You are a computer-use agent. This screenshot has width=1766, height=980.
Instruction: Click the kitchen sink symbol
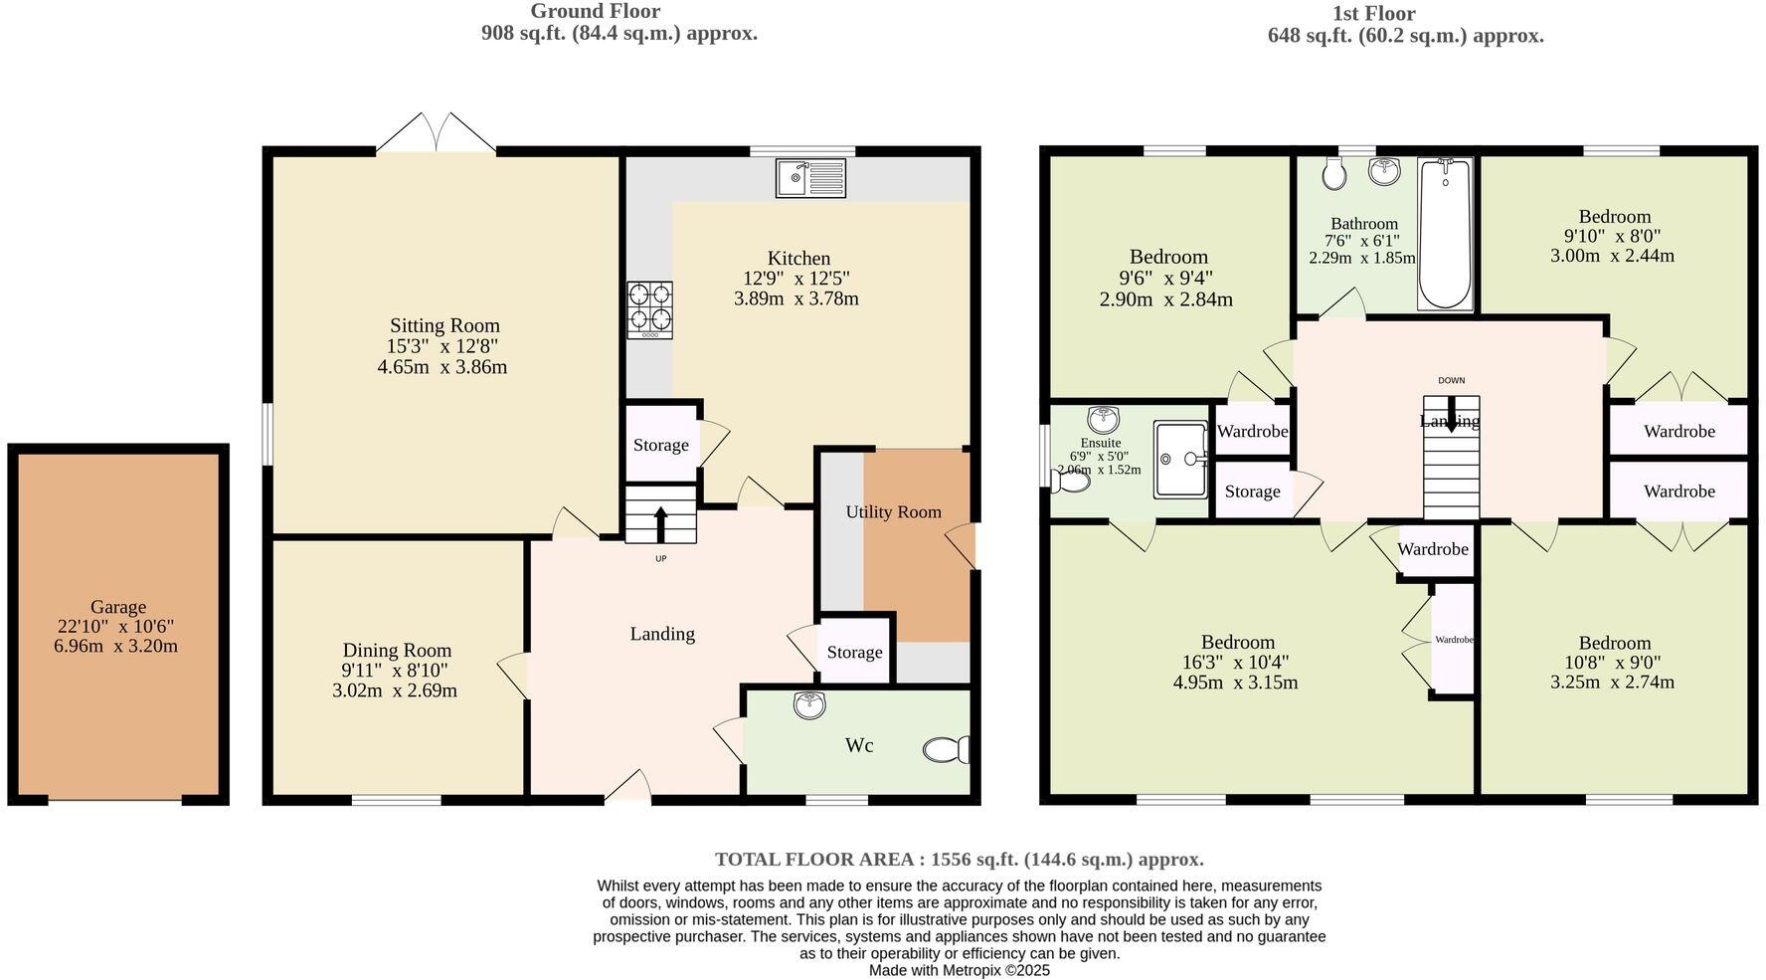pos(809,178)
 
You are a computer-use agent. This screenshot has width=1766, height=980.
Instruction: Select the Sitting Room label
pos(444,325)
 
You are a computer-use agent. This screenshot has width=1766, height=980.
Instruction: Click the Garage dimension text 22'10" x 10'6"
pos(117,626)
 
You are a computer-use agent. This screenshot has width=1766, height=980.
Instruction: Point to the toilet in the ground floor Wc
pos(946,749)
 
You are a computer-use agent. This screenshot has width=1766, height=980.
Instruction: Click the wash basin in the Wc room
pos(809,705)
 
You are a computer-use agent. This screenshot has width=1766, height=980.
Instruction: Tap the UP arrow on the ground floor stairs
pos(660,521)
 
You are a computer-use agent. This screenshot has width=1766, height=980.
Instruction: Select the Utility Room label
pos(893,511)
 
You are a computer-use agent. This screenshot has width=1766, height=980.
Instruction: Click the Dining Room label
pos(397,650)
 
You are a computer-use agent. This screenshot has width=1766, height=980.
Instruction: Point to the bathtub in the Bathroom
pos(1444,234)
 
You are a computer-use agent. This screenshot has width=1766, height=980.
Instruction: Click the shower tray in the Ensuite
pos(1179,459)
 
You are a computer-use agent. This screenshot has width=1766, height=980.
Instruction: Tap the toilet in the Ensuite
pos(1072,482)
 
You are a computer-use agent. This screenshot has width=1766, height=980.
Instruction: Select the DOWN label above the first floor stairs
pos(1451,380)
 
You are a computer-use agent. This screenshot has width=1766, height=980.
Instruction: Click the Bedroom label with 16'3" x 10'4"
pos(1237,642)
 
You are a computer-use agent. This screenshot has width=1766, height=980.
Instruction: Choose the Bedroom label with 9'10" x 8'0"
pos(1614,216)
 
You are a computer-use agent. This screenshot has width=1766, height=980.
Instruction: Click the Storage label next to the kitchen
pos(660,445)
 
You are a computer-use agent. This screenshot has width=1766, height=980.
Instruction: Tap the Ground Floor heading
pos(595,11)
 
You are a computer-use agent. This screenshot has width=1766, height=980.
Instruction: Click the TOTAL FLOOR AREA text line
pos(959,859)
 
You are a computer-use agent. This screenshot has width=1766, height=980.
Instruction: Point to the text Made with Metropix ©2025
pos(959,970)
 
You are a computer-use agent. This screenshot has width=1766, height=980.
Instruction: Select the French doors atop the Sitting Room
pos(436,133)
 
